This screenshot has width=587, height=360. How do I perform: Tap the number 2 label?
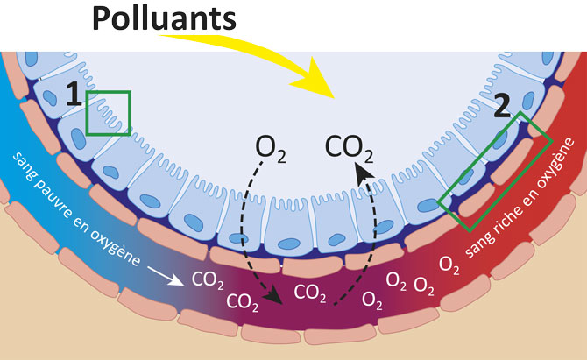coord(501,107)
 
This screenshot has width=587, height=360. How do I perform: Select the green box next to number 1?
coord(109,113)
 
